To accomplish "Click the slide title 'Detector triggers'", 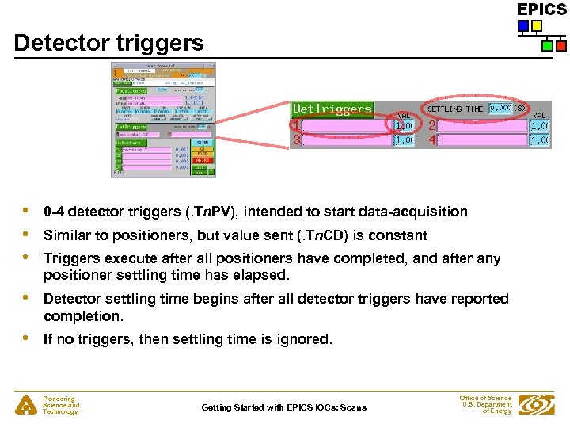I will (108, 43).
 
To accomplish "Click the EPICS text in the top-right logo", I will (541, 10).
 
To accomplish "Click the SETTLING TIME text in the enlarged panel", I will (456, 109).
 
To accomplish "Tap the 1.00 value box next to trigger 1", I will (404, 125).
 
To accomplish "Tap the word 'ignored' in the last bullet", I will (303, 339).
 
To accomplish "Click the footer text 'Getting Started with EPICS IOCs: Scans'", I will (283, 407).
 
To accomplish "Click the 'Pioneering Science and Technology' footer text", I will (61, 406).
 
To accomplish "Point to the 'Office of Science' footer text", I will (485, 398).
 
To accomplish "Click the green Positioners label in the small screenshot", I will (132, 90).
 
